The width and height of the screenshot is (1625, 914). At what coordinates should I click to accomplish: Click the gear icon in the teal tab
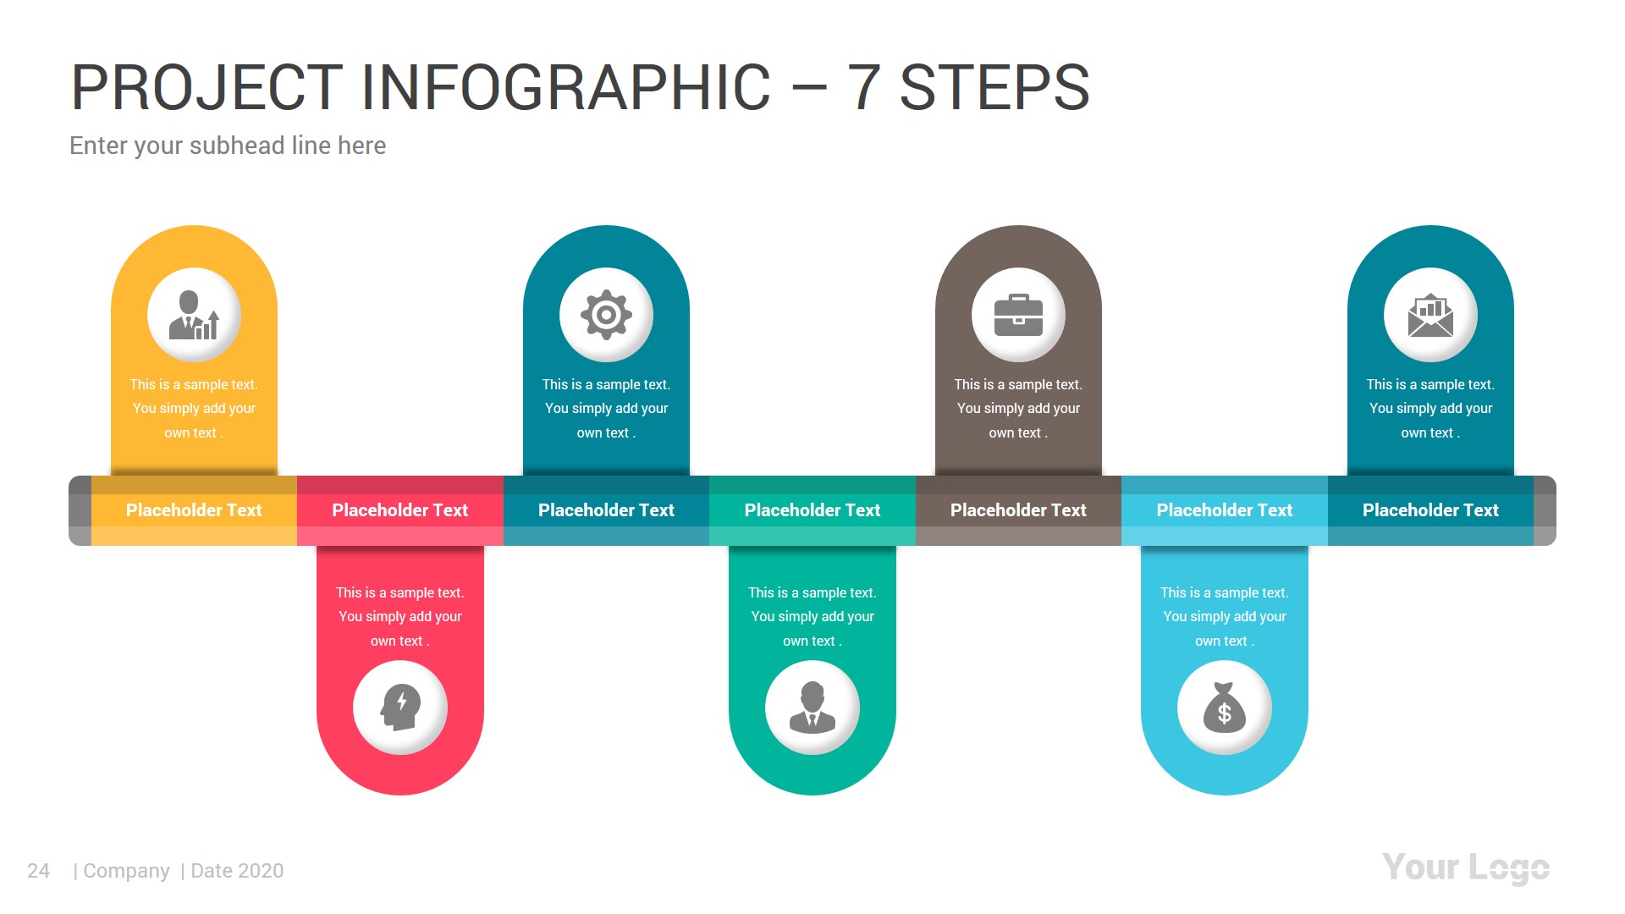click(606, 315)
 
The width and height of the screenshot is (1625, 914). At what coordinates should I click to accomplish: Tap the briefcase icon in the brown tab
click(1018, 315)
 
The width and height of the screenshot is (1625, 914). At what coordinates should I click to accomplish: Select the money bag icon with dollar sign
click(1224, 708)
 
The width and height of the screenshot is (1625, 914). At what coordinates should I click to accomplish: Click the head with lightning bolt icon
click(400, 708)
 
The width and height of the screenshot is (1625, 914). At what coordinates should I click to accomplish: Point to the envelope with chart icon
click(1430, 315)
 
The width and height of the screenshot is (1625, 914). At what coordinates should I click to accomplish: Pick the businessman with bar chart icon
click(194, 315)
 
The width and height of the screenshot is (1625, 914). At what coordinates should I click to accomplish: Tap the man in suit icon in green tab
click(812, 708)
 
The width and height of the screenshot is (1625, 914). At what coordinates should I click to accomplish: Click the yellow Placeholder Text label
click(194, 510)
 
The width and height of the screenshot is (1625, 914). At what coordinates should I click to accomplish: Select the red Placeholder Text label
click(399, 510)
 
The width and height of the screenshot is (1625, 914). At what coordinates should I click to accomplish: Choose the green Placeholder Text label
click(812, 510)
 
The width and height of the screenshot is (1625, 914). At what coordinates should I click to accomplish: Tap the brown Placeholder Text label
click(1018, 510)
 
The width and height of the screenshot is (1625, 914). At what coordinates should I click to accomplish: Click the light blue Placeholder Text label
click(1224, 510)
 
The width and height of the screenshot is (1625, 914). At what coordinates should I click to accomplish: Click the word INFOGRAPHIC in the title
click(565, 88)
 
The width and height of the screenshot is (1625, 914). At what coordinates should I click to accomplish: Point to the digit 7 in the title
click(863, 88)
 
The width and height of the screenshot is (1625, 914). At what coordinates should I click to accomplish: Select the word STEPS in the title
click(994, 88)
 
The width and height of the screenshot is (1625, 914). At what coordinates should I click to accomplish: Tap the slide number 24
click(38, 871)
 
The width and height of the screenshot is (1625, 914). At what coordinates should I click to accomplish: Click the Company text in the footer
click(126, 871)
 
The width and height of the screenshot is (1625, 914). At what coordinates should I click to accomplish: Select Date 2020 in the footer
click(237, 871)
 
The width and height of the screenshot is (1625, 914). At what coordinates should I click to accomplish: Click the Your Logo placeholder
click(1465, 868)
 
